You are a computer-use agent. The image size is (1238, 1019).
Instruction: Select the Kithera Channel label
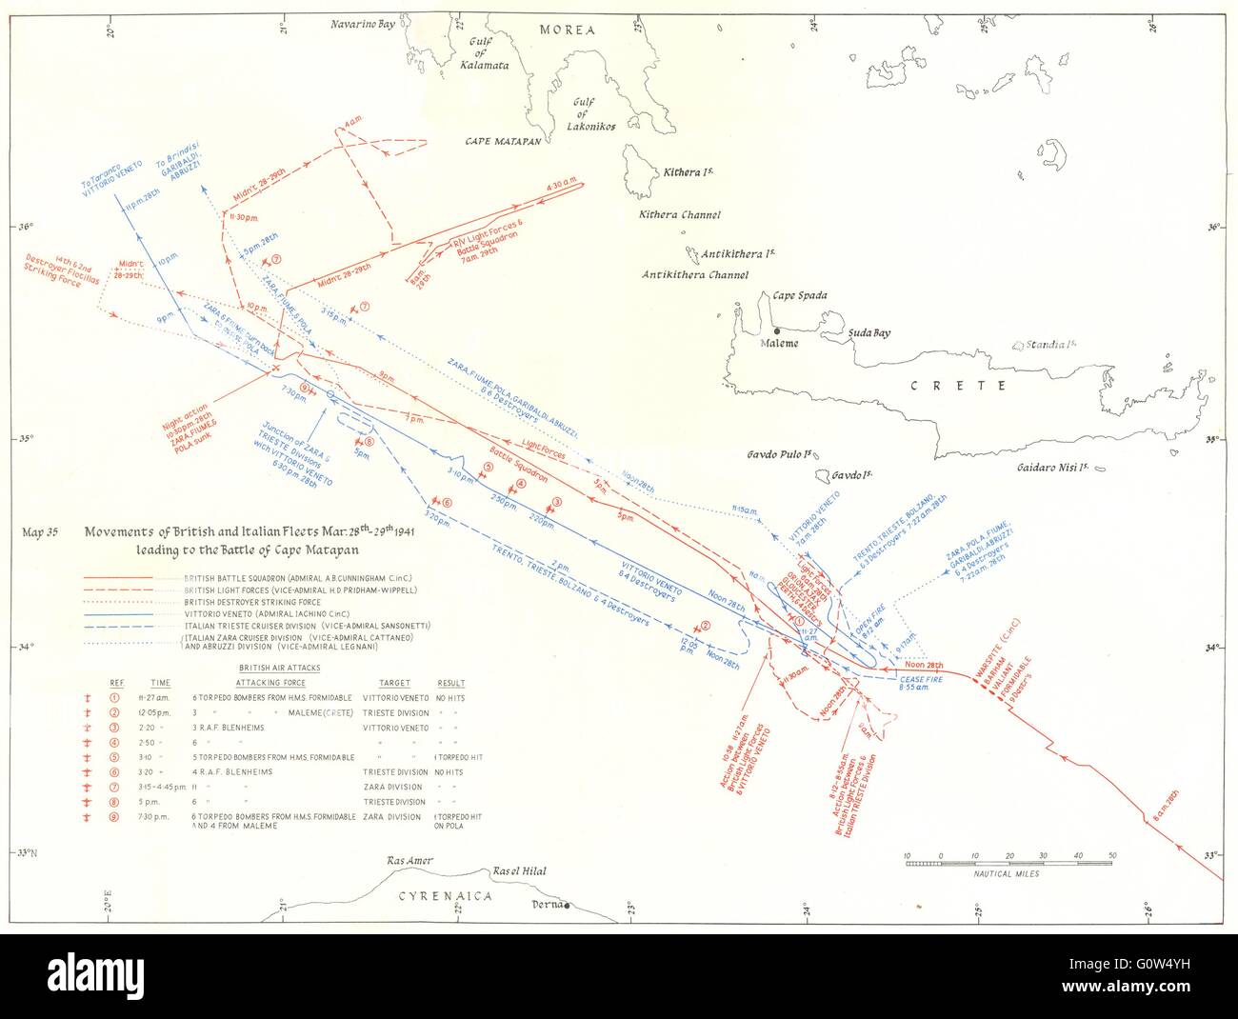point(679,215)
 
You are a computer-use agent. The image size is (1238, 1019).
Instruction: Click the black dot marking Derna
point(568,906)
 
